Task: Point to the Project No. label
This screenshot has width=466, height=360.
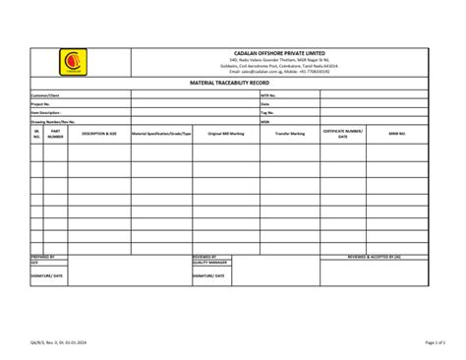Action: (x=41, y=104)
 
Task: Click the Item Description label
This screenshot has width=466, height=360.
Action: (x=46, y=113)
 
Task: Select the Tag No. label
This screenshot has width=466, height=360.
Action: (x=267, y=113)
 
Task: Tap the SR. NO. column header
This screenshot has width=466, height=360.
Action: (x=36, y=133)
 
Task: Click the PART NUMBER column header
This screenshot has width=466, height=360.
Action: (x=56, y=133)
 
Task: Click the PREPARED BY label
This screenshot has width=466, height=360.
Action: (x=43, y=257)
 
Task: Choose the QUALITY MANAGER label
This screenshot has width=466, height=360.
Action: (x=210, y=263)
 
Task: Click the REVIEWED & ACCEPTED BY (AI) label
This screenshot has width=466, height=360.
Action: (x=375, y=257)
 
